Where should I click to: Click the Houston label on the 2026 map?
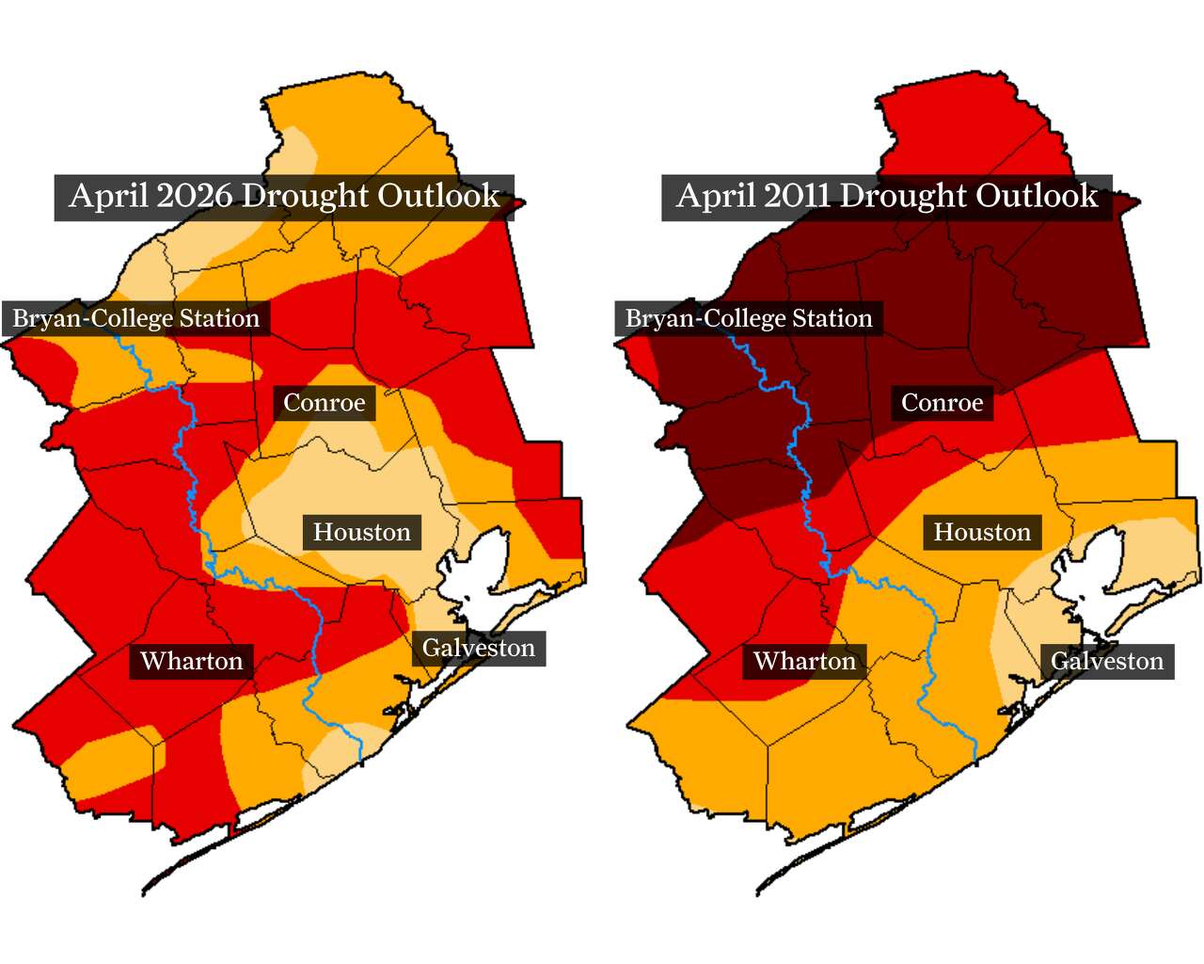click(361, 533)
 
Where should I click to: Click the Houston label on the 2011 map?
click(982, 533)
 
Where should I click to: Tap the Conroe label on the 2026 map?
click(325, 403)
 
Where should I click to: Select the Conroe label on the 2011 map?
click(942, 403)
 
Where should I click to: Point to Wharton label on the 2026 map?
click(192, 662)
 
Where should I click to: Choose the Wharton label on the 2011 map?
click(805, 662)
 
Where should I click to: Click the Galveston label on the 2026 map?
click(479, 649)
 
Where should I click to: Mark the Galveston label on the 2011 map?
click(1107, 662)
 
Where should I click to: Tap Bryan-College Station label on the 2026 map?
click(136, 319)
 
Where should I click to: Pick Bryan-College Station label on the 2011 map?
click(749, 319)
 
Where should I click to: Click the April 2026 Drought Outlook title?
click(284, 197)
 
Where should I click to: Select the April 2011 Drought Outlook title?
click(886, 197)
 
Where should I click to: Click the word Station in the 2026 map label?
click(219, 319)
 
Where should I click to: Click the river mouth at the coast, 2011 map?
click(974, 759)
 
